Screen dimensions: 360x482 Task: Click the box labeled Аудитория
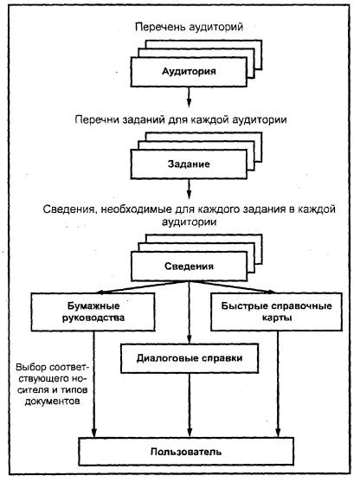pyautogui.click(x=189, y=72)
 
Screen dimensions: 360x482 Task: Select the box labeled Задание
pyautogui.click(x=189, y=164)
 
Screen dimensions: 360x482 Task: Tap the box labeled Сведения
pyautogui.click(x=189, y=267)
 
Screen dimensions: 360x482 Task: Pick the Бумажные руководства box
pyautogui.click(x=93, y=312)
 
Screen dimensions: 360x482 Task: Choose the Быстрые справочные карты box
pyautogui.click(x=276, y=312)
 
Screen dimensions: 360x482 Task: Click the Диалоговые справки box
pyautogui.click(x=190, y=358)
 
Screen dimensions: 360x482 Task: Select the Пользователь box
pyautogui.click(x=186, y=452)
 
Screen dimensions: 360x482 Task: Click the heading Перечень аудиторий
pyautogui.click(x=189, y=27)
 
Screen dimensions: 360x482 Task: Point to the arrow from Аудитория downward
pyautogui.click(x=189, y=97)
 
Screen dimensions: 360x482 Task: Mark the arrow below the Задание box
pyautogui.click(x=189, y=189)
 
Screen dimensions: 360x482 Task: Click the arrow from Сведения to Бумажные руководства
pyautogui.click(x=141, y=286)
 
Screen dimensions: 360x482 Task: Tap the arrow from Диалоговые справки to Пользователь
pyautogui.click(x=190, y=405)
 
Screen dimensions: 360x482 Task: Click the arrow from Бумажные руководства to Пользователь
pyautogui.click(x=94, y=384)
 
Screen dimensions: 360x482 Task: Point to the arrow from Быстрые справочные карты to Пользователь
pyautogui.click(x=278, y=384)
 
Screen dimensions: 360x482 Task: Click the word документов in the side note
pyautogui.click(x=52, y=402)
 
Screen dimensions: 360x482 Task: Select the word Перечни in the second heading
pyautogui.click(x=97, y=119)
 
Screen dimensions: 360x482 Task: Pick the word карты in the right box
pyautogui.click(x=277, y=318)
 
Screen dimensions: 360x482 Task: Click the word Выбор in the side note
pyautogui.click(x=31, y=367)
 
